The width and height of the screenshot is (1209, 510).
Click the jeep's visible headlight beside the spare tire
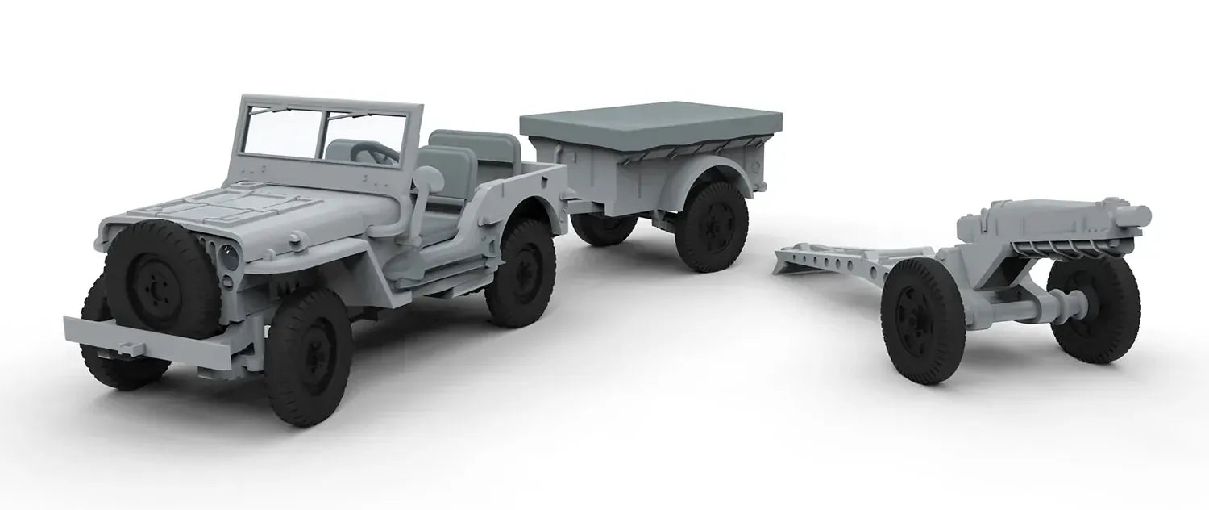pos(231,257)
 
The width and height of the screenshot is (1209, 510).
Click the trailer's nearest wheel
pos(712,226)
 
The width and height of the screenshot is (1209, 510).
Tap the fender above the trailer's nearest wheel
pos(709,174)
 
